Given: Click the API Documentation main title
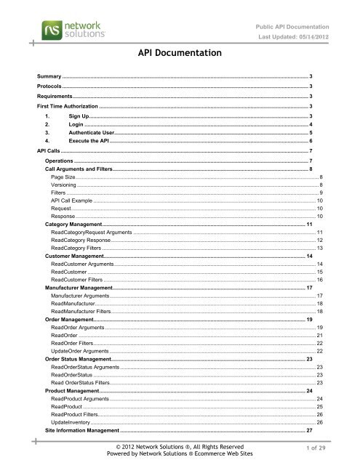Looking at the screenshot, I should [179, 53].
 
